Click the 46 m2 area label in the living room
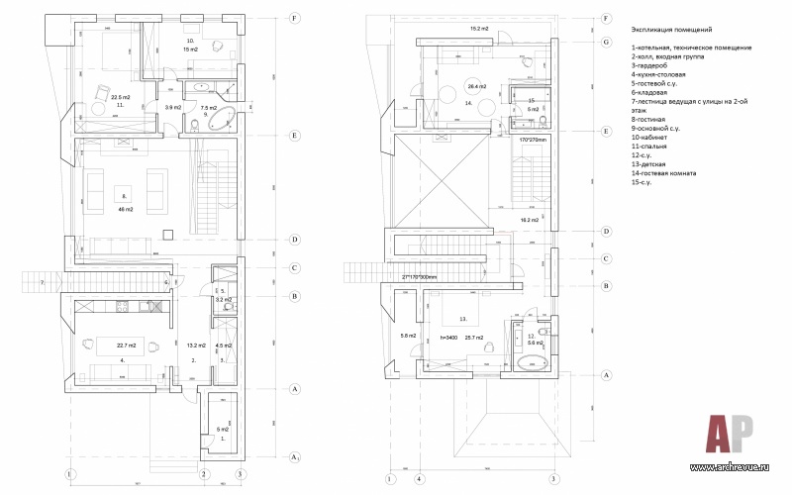tap(124, 210)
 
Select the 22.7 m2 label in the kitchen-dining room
tap(127, 345)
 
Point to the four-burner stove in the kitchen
tap(124, 306)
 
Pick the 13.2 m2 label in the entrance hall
tap(195, 346)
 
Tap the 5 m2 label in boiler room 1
tap(222, 429)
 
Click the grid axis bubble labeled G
tap(606, 43)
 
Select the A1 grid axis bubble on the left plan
tap(294, 456)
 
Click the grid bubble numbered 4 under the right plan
tap(420, 479)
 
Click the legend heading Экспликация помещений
tap(670, 31)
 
